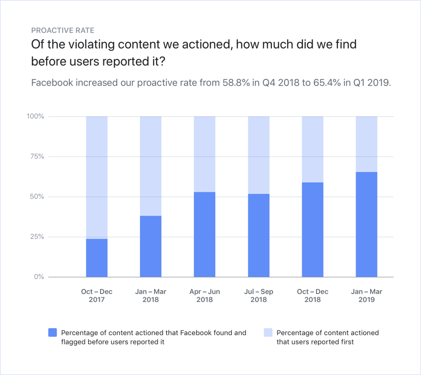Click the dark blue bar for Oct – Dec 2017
coord(96,258)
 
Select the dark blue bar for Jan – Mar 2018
coord(150,246)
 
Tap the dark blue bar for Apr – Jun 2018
coord(204,235)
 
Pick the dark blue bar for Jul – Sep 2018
coord(259,235)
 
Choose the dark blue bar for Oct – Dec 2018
coord(313,230)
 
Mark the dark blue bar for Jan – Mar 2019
coord(367,224)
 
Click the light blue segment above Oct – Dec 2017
coord(96,177)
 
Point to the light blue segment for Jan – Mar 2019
coord(367,144)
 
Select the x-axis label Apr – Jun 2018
coord(204,295)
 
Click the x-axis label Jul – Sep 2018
coord(259,295)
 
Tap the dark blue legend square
coord(52,333)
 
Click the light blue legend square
coord(268,333)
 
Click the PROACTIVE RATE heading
coord(63,31)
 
